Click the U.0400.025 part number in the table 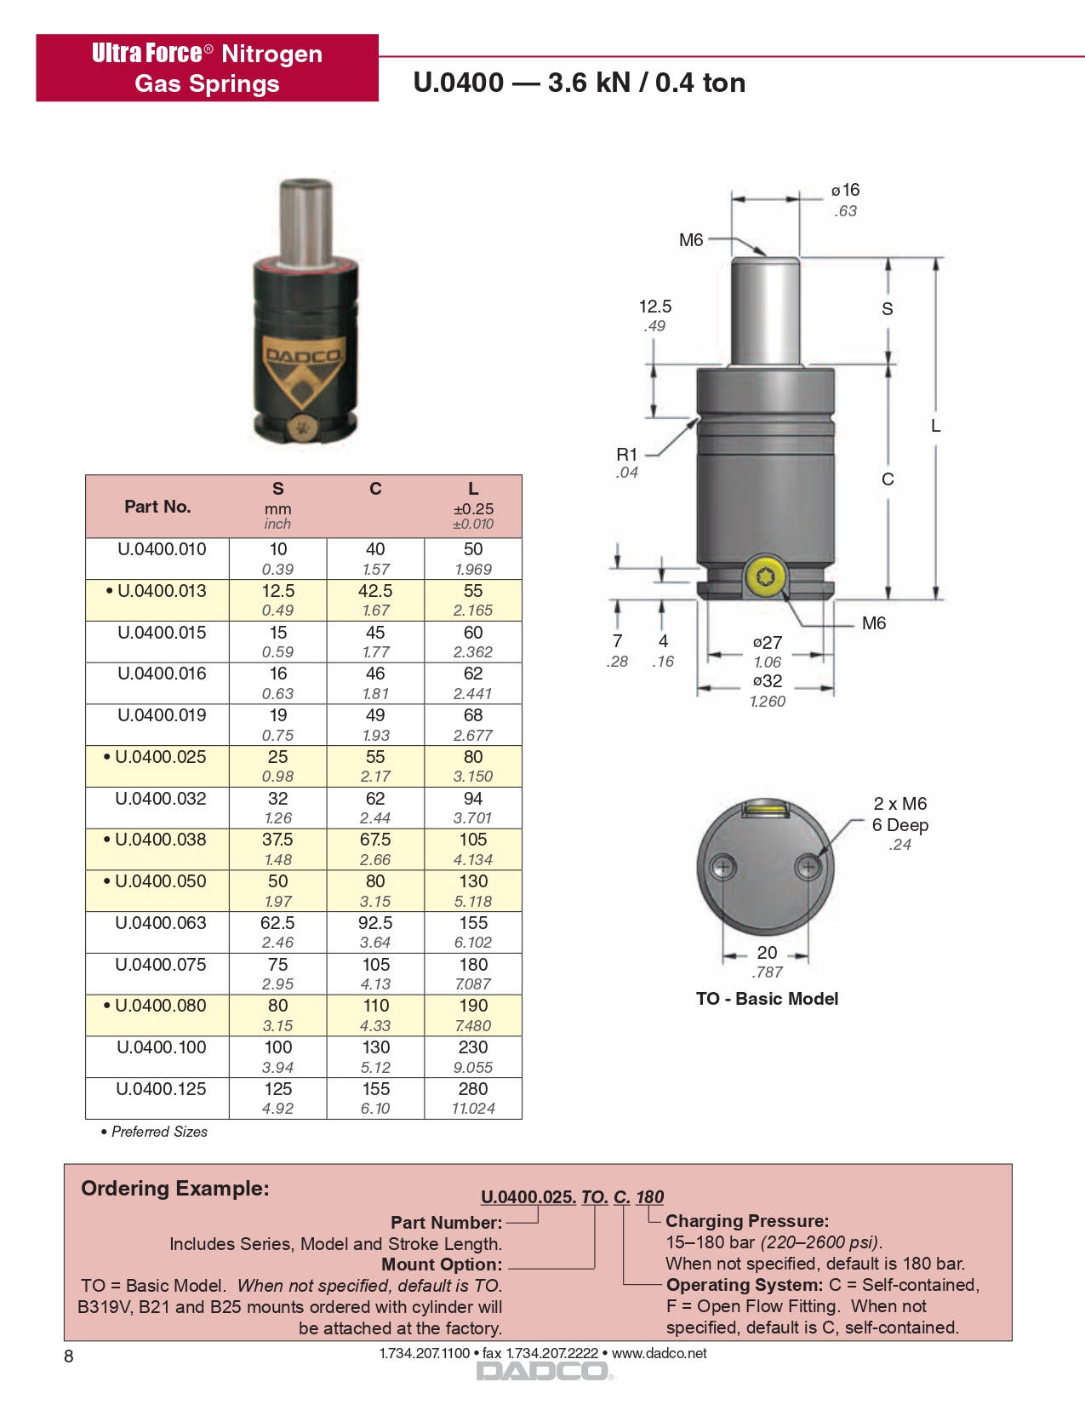tap(160, 757)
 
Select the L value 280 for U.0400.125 tap(473, 1089)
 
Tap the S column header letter tap(277, 489)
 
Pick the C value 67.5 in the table tap(375, 840)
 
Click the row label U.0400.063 tap(161, 923)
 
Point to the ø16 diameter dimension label tap(846, 190)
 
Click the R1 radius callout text tap(626, 455)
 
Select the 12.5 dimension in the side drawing tap(655, 307)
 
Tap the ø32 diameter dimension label tap(768, 681)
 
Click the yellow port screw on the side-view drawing tap(764, 576)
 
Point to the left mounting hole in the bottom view tap(723, 869)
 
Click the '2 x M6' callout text tap(900, 804)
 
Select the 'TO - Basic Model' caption tap(767, 999)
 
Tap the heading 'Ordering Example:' tap(175, 1189)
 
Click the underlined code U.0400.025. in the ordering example tap(528, 1197)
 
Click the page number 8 tap(69, 1356)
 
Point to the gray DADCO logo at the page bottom tap(542, 1371)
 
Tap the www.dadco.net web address tap(660, 1353)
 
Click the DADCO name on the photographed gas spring tap(303, 356)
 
